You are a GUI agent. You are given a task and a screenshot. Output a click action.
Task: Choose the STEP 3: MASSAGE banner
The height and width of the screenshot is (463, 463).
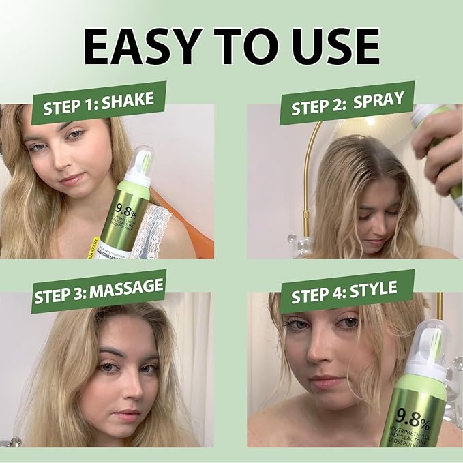pyautogui.click(x=99, y=290)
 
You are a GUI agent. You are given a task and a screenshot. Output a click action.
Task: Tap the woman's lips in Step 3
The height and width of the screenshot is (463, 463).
pyautogui.click(x=125, y=415)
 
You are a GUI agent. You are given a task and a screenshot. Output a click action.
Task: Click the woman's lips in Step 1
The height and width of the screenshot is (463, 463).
pyautogui.click(x=73, y=179)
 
